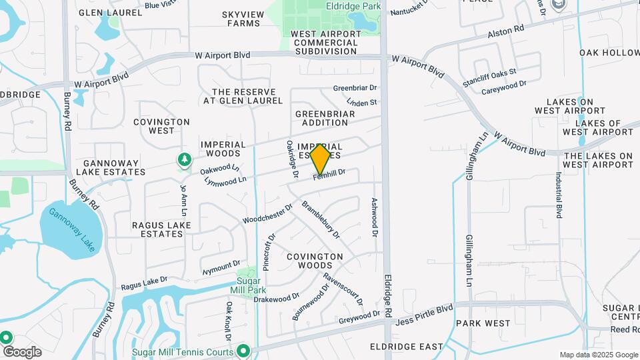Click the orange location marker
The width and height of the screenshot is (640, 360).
pos(320,159)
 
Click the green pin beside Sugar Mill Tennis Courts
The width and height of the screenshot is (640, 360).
pos(244,351)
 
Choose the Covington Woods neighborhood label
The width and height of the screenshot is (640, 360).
pos(315,261)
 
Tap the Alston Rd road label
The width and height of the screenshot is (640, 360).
pos(506,30)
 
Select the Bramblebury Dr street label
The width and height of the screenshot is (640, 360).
pos(321,221)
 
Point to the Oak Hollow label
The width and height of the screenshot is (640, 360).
pos(609,53)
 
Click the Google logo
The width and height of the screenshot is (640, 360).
pos(22,352)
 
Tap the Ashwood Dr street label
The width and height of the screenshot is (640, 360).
pos(375,217)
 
